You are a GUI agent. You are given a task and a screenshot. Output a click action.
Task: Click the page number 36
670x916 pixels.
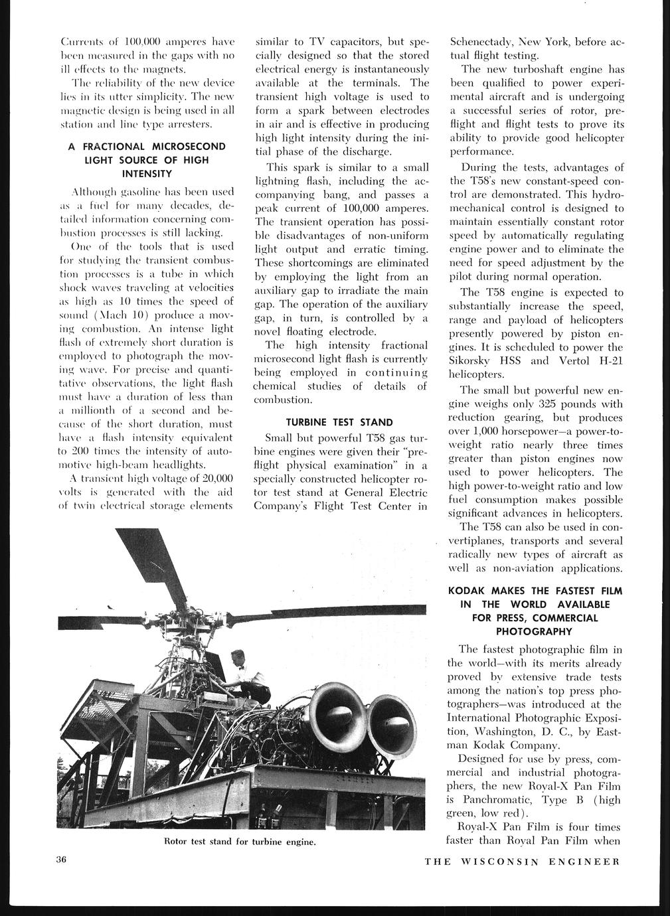tap(62, 861)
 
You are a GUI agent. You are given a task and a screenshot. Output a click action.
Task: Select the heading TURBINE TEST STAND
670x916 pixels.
tap(339, 422)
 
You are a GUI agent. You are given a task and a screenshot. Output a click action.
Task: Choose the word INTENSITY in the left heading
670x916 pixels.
tap(147, 174)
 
